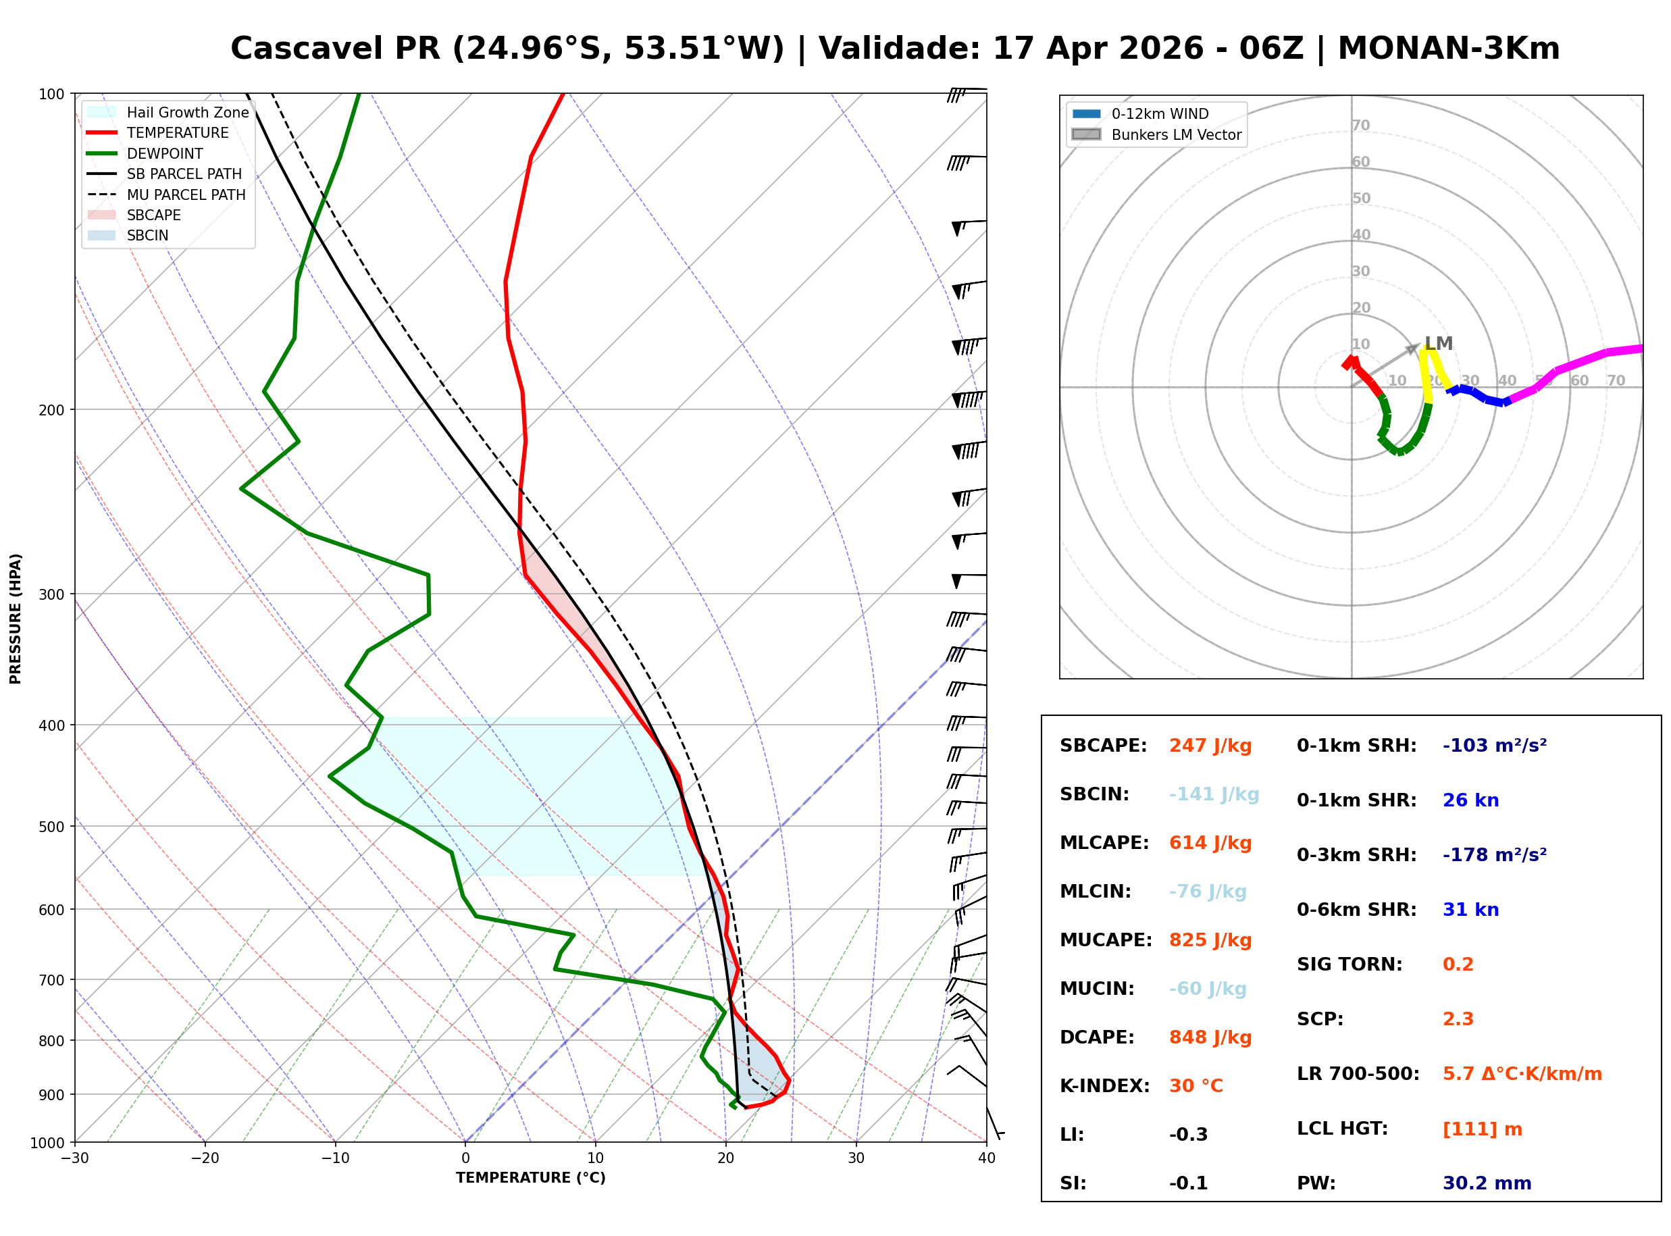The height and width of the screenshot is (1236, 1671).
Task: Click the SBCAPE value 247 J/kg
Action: (x=1210, y=746)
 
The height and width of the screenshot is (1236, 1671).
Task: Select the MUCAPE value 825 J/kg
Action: (x=1210, y=940)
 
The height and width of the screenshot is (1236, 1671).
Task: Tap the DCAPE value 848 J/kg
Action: (x=1210, y=1037)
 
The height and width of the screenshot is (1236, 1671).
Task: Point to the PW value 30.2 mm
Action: (x=1487, y=1183)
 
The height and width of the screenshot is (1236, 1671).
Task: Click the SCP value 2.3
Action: (x=1458, y=1019)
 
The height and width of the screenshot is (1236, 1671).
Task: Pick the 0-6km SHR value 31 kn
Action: (x=1470, y=910)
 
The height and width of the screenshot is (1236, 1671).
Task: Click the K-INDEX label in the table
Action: (x=1105, y=1086)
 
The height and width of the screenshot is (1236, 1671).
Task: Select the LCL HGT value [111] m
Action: (x=1483, y=1129)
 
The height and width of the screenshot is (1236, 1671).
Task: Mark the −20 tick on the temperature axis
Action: (x=205, y=1158)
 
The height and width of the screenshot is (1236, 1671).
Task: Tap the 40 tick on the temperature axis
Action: (x=987, y=1158)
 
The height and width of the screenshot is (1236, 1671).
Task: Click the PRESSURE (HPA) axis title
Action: (x=16, y=619)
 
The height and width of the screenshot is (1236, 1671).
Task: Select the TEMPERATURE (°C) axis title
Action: (x=531, y=1178)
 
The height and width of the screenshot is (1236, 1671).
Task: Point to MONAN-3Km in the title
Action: (x=1449, y=49)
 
